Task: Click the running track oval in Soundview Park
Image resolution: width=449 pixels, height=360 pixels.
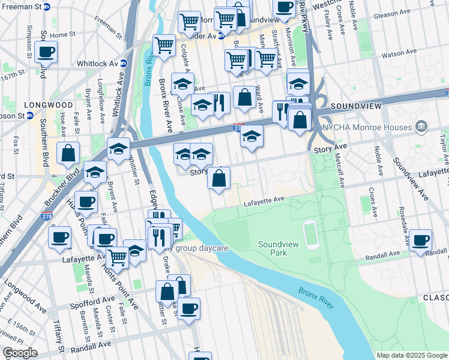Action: point(311,235)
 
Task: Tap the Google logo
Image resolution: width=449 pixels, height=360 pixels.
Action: point(20,353)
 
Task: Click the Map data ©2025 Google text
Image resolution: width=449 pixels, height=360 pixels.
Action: point(411,355)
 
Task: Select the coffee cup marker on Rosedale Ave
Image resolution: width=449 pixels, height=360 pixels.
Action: point(421,240)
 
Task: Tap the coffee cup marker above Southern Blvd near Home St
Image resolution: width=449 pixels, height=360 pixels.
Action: point(46,52)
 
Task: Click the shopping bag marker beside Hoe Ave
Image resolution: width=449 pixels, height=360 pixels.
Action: point(68,154)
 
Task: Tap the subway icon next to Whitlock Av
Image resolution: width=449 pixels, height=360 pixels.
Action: point(124,63)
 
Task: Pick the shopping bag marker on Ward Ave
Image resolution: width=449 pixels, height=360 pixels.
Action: point(244,98)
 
